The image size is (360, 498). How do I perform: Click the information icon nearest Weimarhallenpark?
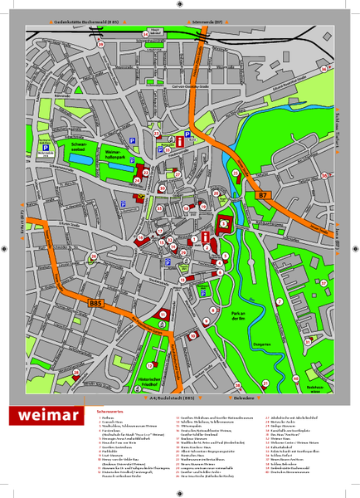[x=180, y=143]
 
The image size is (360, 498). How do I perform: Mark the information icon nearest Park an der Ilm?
[x=206, y=237]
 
